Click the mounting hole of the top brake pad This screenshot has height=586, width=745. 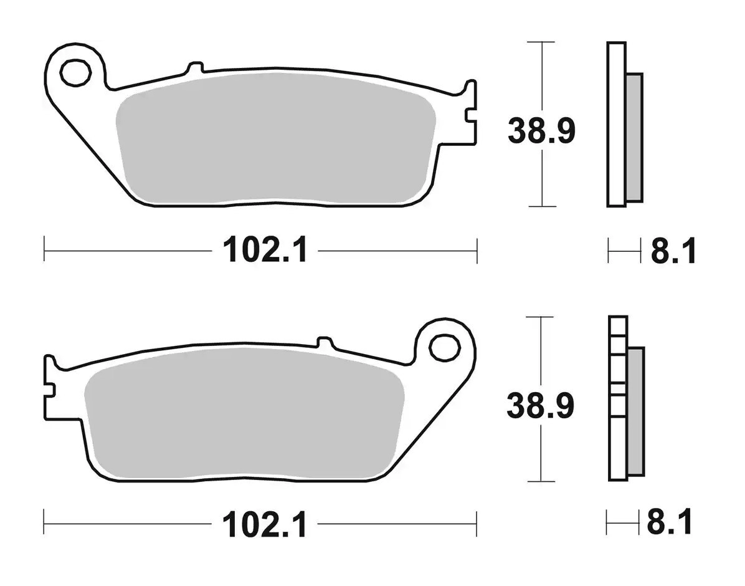[x=75, y=73]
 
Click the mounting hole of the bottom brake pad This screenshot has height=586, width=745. [x=445, y=347]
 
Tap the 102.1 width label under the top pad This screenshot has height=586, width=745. [x=266, y=250]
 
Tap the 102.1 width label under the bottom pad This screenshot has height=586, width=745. [x=265, y=524]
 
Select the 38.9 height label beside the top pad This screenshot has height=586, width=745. [x=541, y=131]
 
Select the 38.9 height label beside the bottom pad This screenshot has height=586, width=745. [x=540, y=405]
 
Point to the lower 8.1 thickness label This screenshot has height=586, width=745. [x=670, y=522]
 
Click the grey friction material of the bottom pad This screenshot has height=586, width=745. [x=244, y=413]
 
